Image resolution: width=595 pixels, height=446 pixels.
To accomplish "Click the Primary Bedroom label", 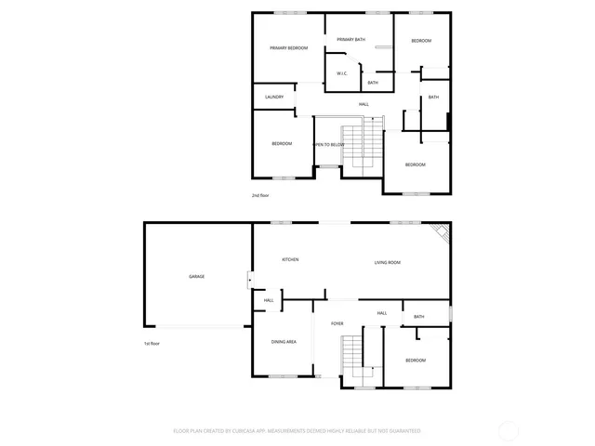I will (x=288, y=47).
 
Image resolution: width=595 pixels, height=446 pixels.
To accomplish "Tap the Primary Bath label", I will (x=351, y=39).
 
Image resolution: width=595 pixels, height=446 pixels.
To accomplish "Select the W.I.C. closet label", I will (x=341, y=73).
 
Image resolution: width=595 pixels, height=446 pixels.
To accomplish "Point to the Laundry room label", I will (x=273, y=97).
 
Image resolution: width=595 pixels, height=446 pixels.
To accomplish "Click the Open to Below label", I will (x=328, y=144).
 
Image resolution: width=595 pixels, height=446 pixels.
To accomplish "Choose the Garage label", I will (x=196, y=276).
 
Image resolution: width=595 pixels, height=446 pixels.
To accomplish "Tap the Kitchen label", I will (x=290, y=259).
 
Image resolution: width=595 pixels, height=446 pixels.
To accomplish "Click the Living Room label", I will (x=388, y=262).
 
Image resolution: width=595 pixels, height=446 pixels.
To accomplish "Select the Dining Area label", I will (x=284, y=342).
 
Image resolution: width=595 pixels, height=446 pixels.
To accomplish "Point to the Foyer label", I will (x=337, y=323).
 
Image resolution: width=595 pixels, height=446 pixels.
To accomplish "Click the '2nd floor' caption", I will (x=260, y=195).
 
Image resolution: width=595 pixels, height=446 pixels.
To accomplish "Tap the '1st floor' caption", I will (x=151, y=344).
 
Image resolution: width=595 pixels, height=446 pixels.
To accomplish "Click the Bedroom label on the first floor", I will (x=415, y=360).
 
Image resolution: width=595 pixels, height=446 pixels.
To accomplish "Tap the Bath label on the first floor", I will (x=418, y=317).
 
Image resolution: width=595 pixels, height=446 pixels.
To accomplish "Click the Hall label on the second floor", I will (x=364, y=104).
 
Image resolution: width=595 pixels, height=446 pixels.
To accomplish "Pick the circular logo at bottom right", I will (x=509, y=430).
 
